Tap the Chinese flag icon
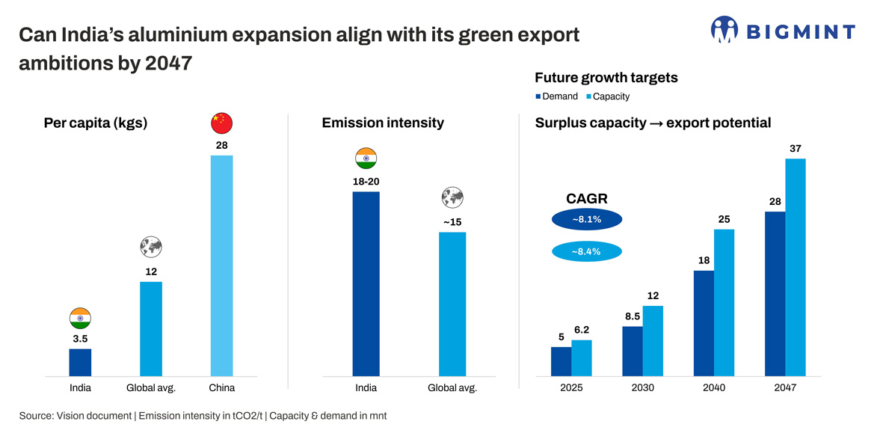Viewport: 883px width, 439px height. (x=222, y=123)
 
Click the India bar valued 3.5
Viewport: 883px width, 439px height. (x=80, y=362)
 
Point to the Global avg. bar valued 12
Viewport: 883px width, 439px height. (x=151, y=328)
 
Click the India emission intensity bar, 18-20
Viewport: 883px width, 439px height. (x=366, y=283)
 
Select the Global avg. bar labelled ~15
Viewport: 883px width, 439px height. (x=452, y=304)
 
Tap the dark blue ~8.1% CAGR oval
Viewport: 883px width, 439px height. (x=586, y=220)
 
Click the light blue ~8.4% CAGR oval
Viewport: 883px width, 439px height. (x=586, y=251)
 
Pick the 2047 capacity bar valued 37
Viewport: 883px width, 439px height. (x=796, y=267)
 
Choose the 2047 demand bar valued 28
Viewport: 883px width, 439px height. (x=775, y=293)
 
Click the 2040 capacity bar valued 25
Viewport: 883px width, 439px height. (x=724, y=302)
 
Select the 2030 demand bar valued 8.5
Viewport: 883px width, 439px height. (x=633, y=351)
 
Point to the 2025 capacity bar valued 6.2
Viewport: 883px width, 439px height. (x=582, y=357)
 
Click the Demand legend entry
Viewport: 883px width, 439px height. (x=556, y=96)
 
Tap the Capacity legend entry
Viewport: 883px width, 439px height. (x=607, y=96)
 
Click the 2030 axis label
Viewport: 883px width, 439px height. (x=642, y=388)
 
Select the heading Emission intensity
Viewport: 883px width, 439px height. (x=383, y=123)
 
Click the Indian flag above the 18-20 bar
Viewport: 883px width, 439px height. (x=366, y=159)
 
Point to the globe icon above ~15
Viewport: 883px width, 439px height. (x=452, y=198)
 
